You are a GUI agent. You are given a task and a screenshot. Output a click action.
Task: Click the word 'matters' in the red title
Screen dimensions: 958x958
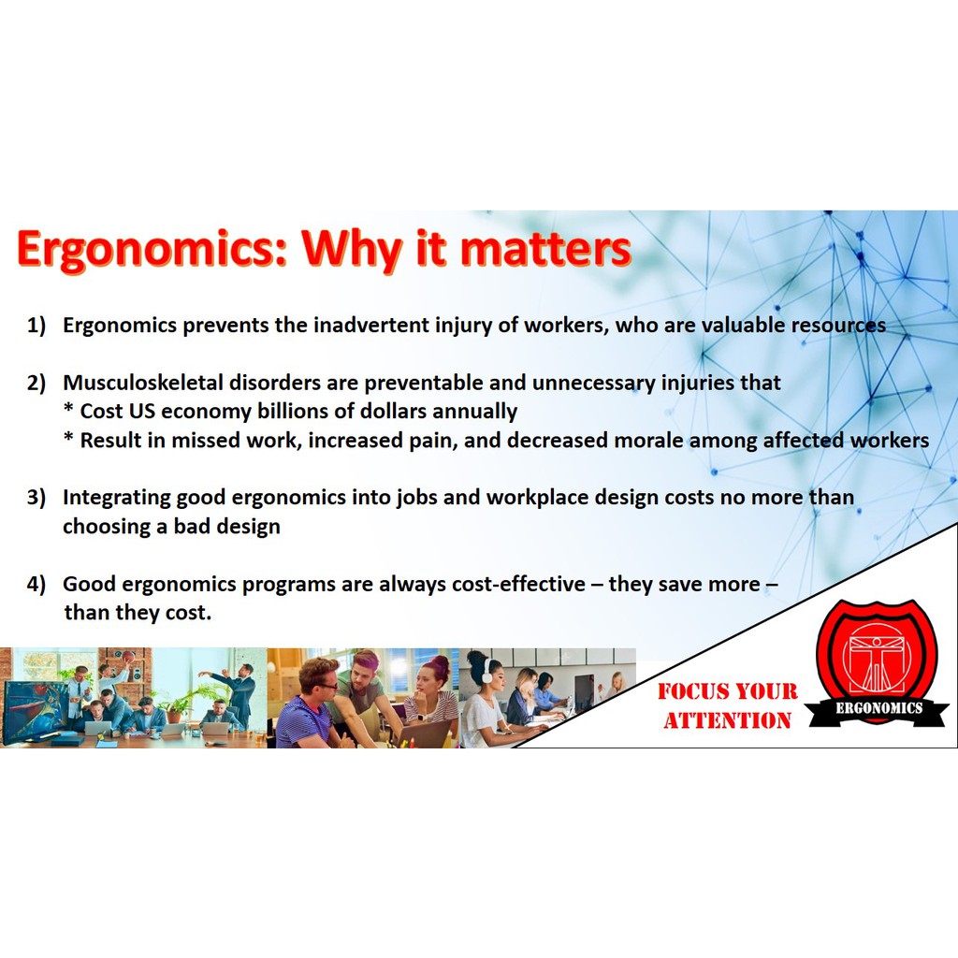(545, 248)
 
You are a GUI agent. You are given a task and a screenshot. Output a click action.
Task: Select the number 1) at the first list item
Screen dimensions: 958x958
(36, 325)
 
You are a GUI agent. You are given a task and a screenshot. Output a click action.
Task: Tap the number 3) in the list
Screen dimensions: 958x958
(36, 498)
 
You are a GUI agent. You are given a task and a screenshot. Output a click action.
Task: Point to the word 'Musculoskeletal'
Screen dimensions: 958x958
(143, 383)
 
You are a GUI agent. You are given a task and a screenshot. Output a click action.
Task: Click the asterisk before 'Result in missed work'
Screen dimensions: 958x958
(69, 437)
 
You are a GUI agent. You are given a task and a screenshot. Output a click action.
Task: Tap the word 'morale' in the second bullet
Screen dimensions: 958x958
(648, 440)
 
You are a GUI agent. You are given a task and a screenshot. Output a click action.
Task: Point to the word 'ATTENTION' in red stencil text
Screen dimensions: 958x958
(727, 720)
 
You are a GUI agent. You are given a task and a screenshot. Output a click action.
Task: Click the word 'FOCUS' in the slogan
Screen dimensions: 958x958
(693, 691)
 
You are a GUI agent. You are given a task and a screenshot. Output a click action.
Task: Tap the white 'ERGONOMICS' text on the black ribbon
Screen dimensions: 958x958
(878, 708)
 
